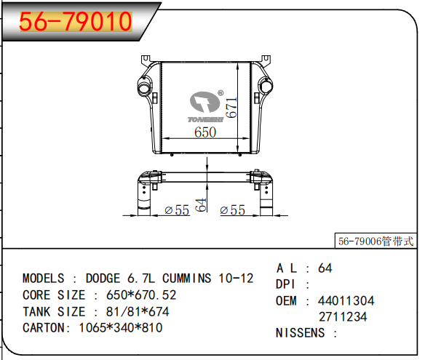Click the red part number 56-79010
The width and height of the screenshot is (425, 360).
pos(76,21)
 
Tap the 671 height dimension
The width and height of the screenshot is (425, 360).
pos(231,108)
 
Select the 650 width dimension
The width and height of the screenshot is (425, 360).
pos(205,132)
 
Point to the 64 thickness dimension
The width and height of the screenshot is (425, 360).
pos(201,205)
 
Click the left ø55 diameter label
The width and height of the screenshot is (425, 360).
pos(177,210)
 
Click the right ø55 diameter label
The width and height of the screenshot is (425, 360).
pos(233,210)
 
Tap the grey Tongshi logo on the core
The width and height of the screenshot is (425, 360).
pos(205,106)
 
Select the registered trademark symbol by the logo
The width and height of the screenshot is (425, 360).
pos(221,93)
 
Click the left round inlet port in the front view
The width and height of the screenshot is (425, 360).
pos(143,86)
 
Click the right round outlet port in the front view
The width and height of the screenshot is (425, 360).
pos(266,86)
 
